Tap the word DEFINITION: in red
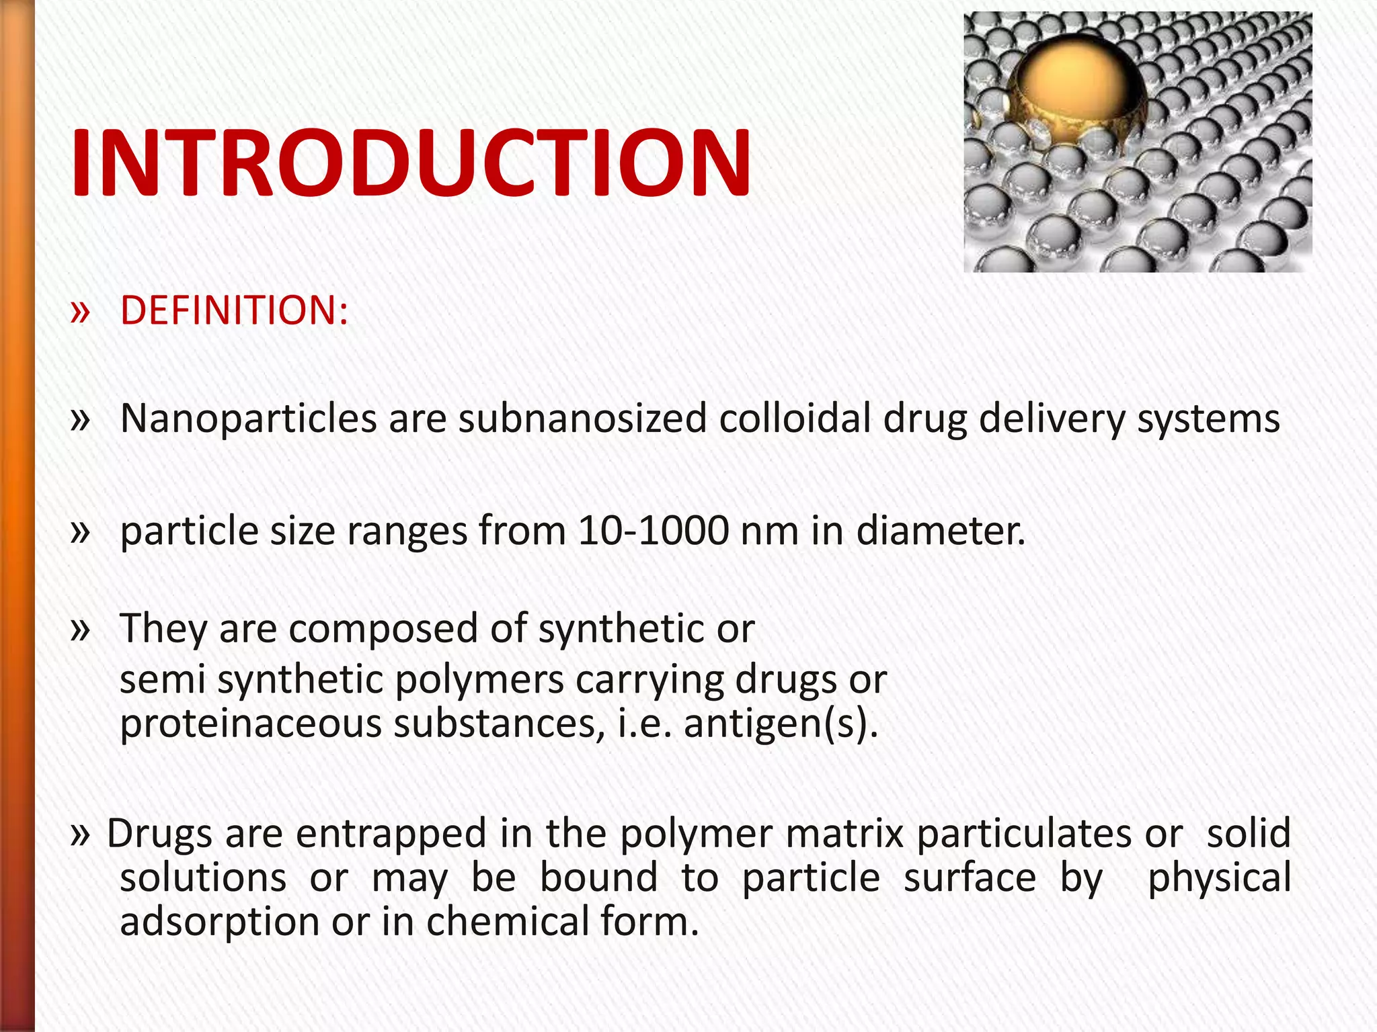coord(234,310)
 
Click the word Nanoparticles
coord(248,419)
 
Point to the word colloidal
coord(795,419)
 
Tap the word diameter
coord(941,531)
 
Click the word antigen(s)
coord(781,725)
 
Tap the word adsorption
coord(219,922)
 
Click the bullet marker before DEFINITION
coord(80,311)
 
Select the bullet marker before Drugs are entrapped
coord(80,834)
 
